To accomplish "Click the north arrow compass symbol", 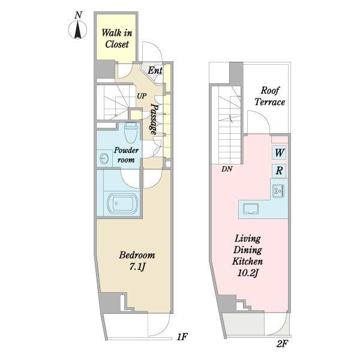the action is click(x=77, y=29).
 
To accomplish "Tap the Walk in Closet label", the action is click(x=117, y=38).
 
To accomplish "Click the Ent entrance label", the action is click(x=155, y=70).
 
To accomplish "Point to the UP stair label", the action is click(x=142, y=96).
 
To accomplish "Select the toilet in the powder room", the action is click(x=130, y=132).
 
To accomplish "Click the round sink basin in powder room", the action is click(x=104, y=158).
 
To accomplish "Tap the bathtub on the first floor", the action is click(x=122, y=203).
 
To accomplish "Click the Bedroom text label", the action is click(x=137, y=255).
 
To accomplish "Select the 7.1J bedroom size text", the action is click(x=137, y=267).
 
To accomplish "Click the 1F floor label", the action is click(x=182, y=337).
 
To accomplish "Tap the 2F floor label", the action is click(x=282, y=344).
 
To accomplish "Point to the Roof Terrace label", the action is click(x=270, y=96).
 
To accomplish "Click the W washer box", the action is click(x=279, y=152).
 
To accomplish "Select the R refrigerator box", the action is click(x=279, y=171).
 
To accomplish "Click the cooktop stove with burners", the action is click(x=279, y=190).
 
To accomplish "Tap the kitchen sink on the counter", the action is click(x=251, y=209).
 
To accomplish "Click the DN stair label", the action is click(x=227, y=169).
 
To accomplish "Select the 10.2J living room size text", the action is click(x=247, y=273).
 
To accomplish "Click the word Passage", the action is click(x=154, y=119).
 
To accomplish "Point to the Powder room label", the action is click(x=126, y=155).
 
